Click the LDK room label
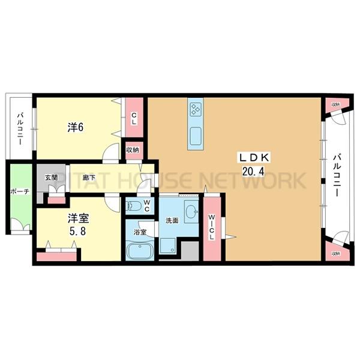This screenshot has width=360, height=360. [x=257, y=158]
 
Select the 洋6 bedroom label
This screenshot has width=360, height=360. [x=74, y=127]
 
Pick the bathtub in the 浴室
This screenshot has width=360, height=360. [x=140, y=251]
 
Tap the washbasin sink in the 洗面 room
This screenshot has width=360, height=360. [x=191, y=212]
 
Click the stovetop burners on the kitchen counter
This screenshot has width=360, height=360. [x=196, y=109]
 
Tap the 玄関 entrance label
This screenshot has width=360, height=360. [x=50, y=178]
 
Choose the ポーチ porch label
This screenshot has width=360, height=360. [x=16, y=193]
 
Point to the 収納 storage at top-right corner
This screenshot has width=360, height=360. [x=335, y=104]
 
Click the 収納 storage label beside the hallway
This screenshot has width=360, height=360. [x=133, y=149]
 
